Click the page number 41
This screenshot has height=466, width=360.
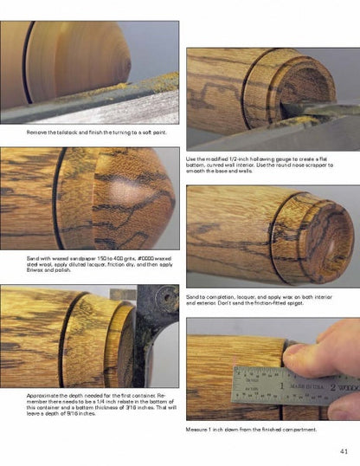point(344,450)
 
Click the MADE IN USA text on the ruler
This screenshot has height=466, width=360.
point(306,384)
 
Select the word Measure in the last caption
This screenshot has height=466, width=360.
point(197,429)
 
